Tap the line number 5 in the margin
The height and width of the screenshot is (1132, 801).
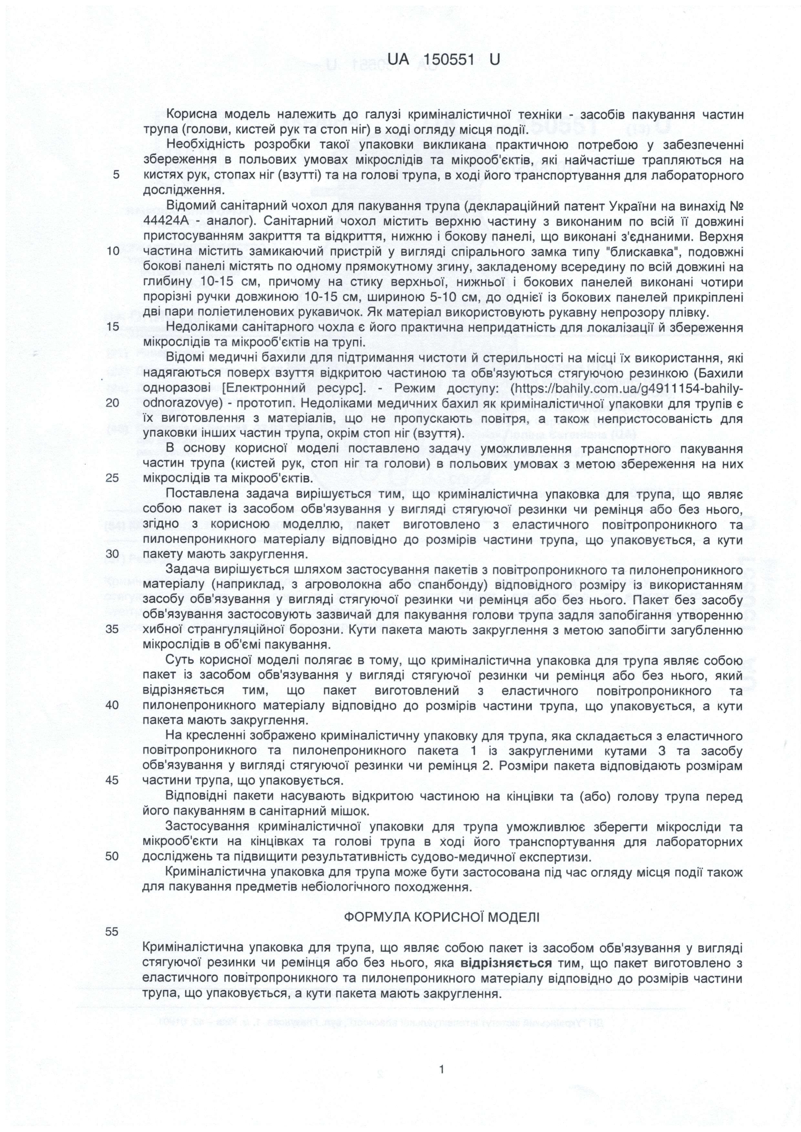point(117,176)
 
